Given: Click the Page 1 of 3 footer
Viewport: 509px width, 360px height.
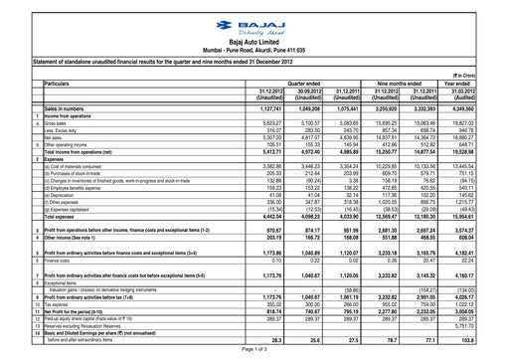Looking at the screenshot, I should (254, 352).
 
